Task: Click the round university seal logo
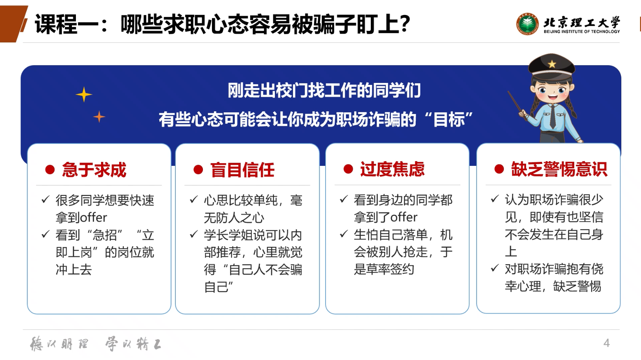(527, 24)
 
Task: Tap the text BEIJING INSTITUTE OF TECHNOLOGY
(582, 31)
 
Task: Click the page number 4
(606, 343)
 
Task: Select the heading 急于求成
(94, 169)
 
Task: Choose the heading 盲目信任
(242, 169)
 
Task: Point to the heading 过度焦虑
(392, 169)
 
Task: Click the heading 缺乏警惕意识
(559, 169)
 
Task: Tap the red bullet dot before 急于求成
(50, 169)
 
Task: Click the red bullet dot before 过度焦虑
(348, 169)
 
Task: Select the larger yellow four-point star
(84, 94)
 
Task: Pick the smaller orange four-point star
(99, 117)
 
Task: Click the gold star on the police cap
(552, 64)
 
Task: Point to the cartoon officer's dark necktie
(553, 116)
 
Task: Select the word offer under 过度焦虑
(403, 217)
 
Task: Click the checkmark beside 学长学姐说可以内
(194, 234)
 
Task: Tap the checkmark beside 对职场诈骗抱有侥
(495, 268)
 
